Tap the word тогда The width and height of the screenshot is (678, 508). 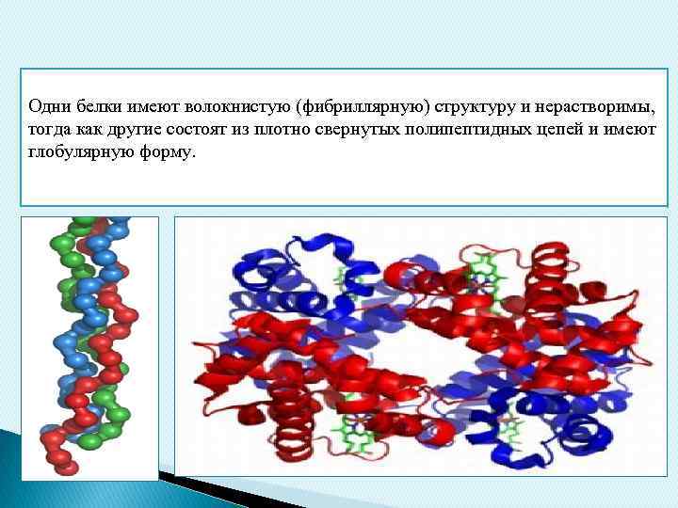click(x=47, y=129)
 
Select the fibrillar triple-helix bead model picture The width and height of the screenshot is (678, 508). click(x=89, y=348)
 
